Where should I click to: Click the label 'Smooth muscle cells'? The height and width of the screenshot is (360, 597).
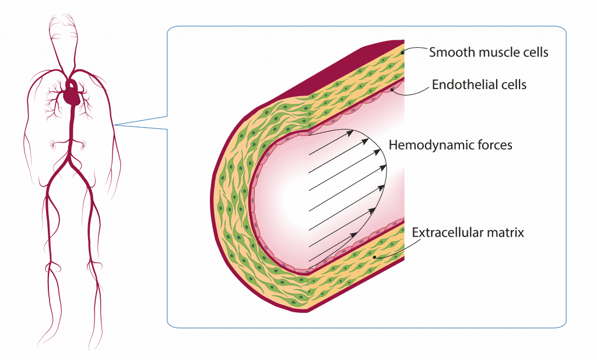point(489,52)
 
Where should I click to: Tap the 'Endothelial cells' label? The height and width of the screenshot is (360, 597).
point(479,85)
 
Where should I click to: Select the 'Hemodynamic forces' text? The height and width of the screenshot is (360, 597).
point(450,144)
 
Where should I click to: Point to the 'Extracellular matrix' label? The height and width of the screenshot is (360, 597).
point(468,232)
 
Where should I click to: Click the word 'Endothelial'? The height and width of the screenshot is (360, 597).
point(460,85)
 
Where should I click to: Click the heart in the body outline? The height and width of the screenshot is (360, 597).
point(72,94)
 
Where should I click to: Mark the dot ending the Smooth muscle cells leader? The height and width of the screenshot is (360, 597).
point(403,51)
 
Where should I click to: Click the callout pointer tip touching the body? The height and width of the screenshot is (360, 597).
point(115,124)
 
